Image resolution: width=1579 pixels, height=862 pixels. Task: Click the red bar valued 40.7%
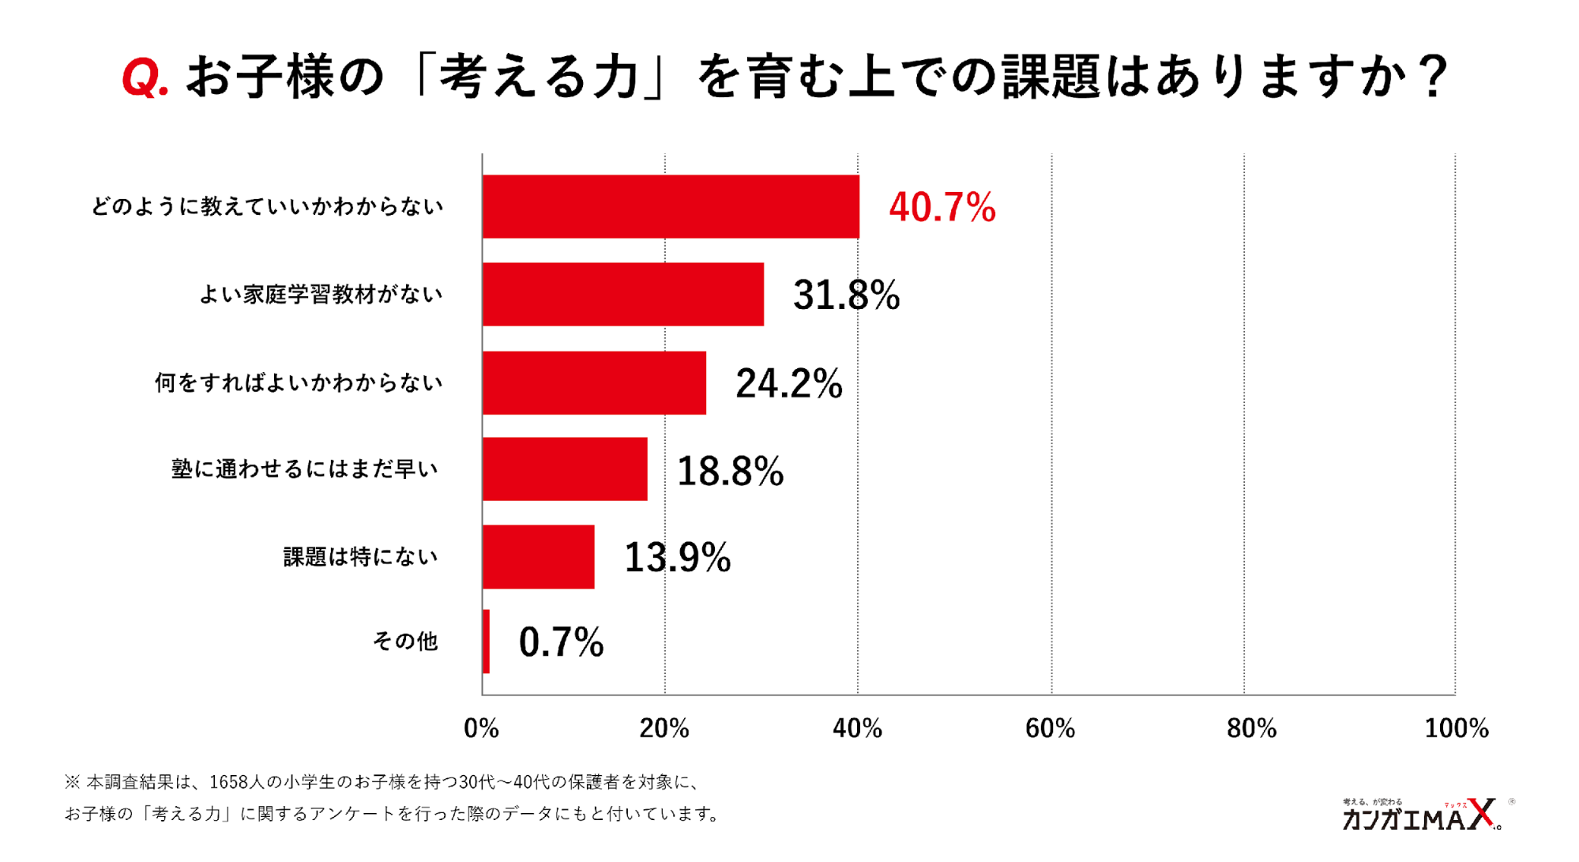click(x=671, y=207)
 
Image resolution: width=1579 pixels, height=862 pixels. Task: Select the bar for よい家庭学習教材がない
click(x=623, y=295)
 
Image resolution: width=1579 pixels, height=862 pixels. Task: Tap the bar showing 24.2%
click(x=594, y=383)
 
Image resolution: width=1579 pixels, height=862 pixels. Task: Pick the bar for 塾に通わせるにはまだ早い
click(x=565, y=469)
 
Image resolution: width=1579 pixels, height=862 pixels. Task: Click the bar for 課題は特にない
click(x=538, y=557)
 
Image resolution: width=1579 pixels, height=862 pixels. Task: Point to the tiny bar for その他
click(x=486, y=642)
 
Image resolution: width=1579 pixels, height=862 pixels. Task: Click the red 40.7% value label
click(x=942, y=208)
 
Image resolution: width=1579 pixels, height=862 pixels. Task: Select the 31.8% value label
click(x=846, y=295)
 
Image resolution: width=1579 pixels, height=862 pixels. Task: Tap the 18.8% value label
click(x=730, y=472)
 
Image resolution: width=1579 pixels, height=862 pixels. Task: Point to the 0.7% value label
click(x=561, y=642)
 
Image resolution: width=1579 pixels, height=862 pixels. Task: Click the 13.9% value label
click(x=677, y=558)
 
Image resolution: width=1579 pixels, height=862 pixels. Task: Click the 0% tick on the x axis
click(x=481, y=728)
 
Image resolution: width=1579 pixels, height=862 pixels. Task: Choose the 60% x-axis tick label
click(x=1050, y=728)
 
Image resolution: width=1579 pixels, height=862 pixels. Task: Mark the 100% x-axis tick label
click(x=1456, y=728)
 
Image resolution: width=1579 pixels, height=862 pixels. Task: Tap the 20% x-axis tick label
click(x=664, y=728)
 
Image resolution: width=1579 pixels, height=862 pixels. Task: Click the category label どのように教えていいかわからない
click(x=267, y=207)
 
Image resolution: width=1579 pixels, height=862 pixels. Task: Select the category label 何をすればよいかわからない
click(x=299, y=383)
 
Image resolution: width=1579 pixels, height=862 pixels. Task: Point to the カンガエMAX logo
click(x=1421, y=815)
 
